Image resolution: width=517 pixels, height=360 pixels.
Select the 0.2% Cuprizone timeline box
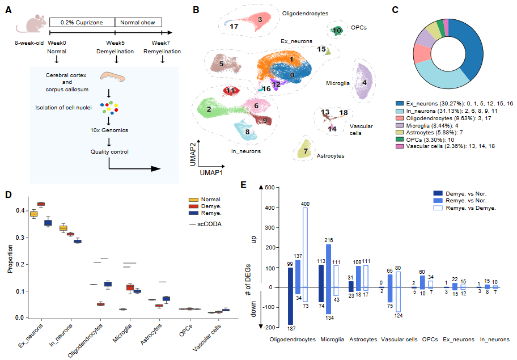tap(82, 22)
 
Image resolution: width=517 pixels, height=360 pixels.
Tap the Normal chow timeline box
tap(138, 22)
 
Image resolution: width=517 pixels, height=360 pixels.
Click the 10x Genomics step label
tap(108, 130)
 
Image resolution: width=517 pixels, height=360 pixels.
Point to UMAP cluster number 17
tap(234, 26)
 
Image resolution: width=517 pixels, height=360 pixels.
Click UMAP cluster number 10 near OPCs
tap(338, 31)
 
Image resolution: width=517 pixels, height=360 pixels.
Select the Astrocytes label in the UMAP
tap(330, 155)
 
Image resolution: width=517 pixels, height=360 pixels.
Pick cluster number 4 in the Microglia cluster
tap(365, 82)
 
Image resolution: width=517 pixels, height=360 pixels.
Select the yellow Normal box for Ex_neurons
tap(33, 214)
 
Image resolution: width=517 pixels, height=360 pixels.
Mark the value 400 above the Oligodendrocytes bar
tap(305, 204)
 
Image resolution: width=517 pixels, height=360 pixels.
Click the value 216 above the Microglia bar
tap(328, 240)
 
